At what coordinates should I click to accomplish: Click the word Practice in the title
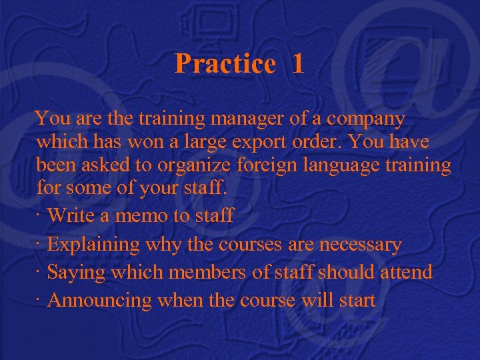pyautogui.click(x=225, y=64)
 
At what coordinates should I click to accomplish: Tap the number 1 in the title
pyautogui.click(x=297, y=64)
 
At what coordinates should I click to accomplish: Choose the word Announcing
pyautogui.click(x=100, y=301)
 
